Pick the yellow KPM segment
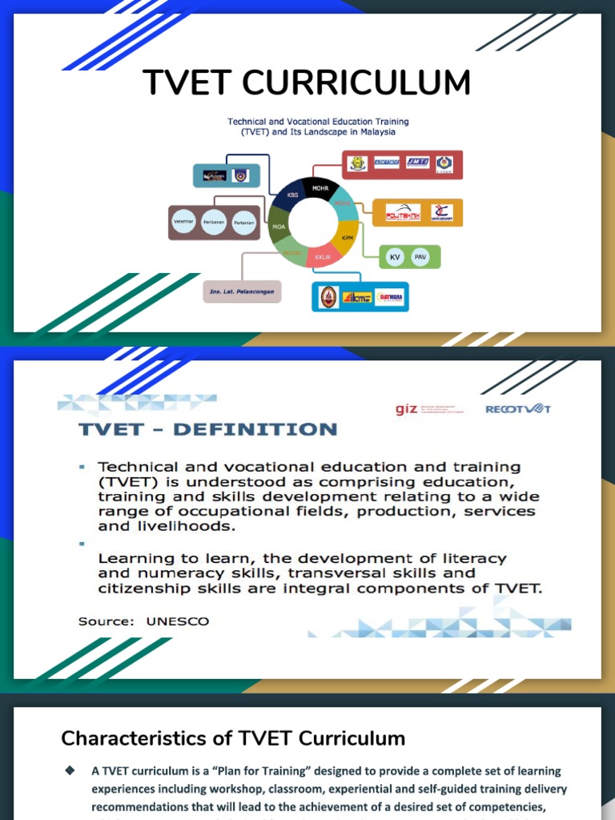point(346,239)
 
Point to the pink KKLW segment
point(322,257)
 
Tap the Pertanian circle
point(243,221)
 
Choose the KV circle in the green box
point(394,257)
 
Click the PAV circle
point(420,257)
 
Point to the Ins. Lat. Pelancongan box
point(242,291)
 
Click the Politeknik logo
point(403,213)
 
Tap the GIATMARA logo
point(391,298)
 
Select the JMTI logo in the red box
point(416,163)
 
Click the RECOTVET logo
point(518,409)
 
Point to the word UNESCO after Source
point(177,621)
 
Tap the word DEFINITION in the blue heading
point(255,430)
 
